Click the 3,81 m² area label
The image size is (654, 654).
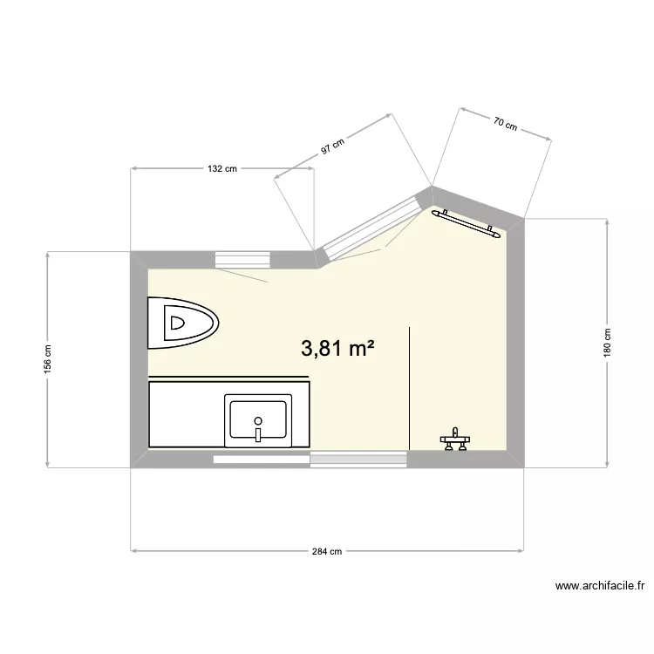click(337, 349)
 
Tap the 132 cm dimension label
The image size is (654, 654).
click(222, 169)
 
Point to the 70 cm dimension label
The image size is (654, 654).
click(506, 123)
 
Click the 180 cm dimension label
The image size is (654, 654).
click(608, 342)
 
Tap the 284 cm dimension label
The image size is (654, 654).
click(328, 551)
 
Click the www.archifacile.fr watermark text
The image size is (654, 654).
click(599, 587)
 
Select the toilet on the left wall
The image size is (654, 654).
click(183, 324)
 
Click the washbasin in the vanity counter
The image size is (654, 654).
click(257, 419)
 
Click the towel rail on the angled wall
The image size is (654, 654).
click(468, 223)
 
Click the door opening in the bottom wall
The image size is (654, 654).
click(358, 460)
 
